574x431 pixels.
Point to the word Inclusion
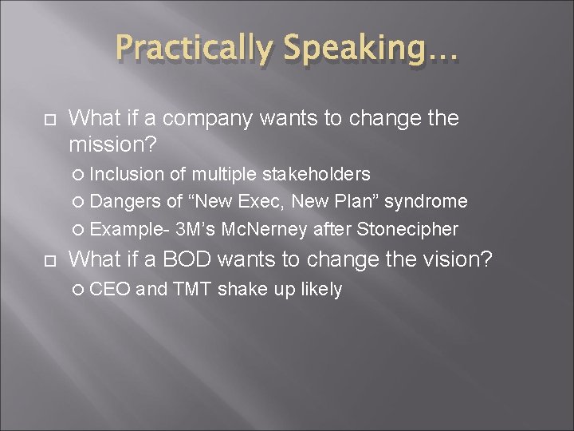tap(127, 173)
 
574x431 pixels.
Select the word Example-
tap(129, 230)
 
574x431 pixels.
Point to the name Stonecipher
tap(407, 230)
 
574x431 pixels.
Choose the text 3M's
tap(196, 230)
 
